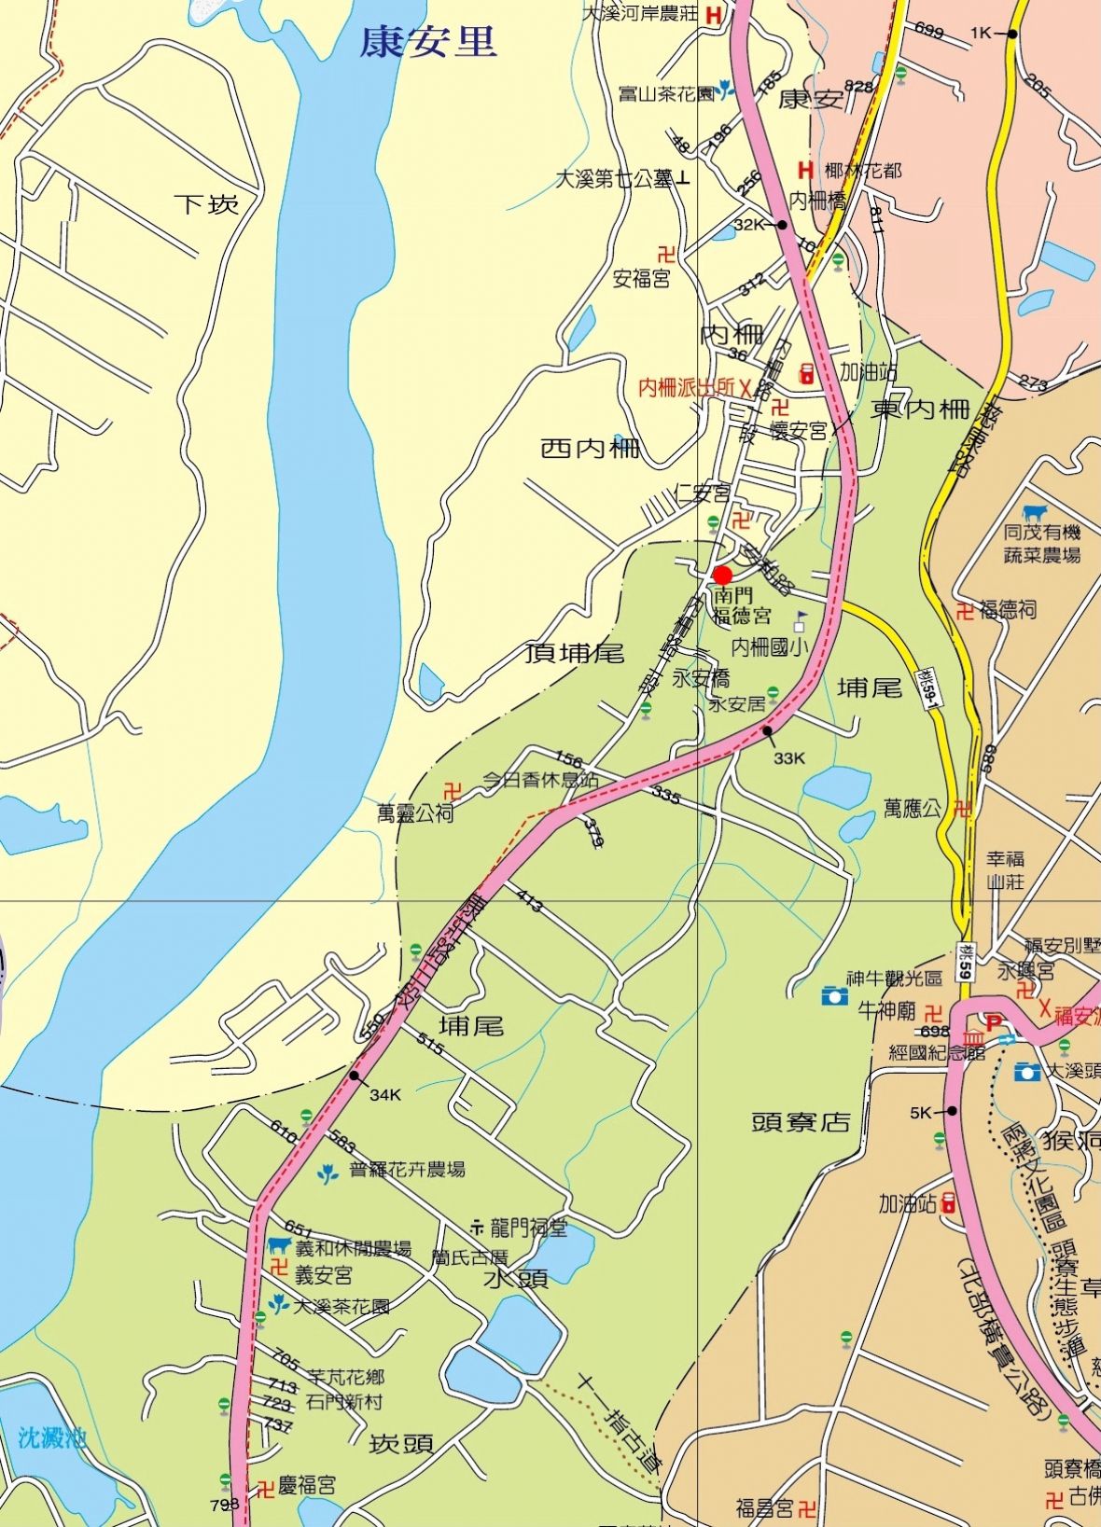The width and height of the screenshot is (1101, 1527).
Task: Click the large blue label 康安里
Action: click(428, 42)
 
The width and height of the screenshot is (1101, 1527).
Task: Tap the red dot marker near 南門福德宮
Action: click(721, 575)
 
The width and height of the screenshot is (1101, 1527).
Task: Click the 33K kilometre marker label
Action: click(788, 758)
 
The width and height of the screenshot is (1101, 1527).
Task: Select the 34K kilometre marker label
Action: click(384, 1095)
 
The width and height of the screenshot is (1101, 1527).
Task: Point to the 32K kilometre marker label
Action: click(748, 225)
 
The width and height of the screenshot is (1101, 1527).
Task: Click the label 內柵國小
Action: click(768, 646)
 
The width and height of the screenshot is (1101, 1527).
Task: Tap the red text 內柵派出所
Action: click(688, 388)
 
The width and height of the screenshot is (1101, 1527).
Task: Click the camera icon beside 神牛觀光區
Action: click(834, 995)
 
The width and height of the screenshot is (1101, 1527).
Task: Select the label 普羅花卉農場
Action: click(407, 1170)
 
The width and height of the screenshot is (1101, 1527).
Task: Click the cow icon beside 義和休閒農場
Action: click(278, 1245)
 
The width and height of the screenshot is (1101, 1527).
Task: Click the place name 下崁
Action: click(207, 203)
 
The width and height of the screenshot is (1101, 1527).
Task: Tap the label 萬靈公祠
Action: click(415, 813)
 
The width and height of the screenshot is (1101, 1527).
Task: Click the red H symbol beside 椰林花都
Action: click(805, 170)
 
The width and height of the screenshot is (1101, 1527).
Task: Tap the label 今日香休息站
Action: click(540, 780)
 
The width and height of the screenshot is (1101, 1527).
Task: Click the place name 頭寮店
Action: click(801, 1122)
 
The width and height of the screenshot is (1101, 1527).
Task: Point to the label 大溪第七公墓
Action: click(615, 179)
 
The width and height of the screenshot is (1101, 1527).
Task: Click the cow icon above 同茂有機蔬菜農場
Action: click(1034, 513)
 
